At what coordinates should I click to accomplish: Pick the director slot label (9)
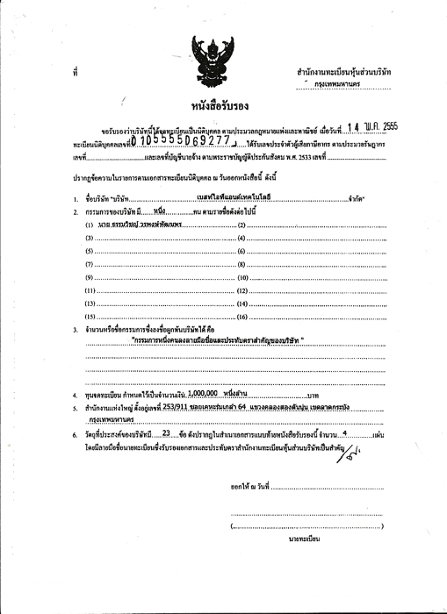[90, 276]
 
